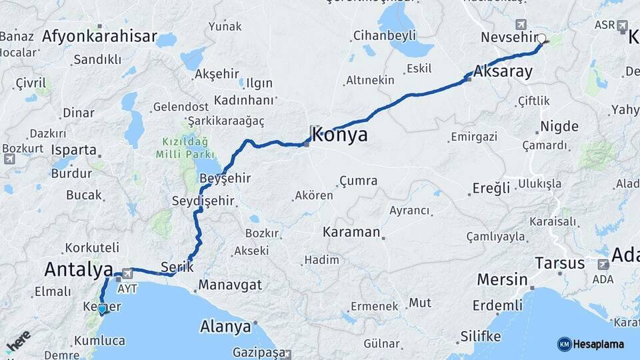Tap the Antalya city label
pos(78,269)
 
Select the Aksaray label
pos(503,71)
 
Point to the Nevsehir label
pos(509,37)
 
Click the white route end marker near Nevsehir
pos(541,39)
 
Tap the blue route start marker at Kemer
pos(102,309)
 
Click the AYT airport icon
pos(126,273)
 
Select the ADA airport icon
pos(604,265)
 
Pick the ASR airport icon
pos(623,26)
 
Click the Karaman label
pos(351,233)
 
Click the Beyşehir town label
pos(225,178)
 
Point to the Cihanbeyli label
pos(385,35)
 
